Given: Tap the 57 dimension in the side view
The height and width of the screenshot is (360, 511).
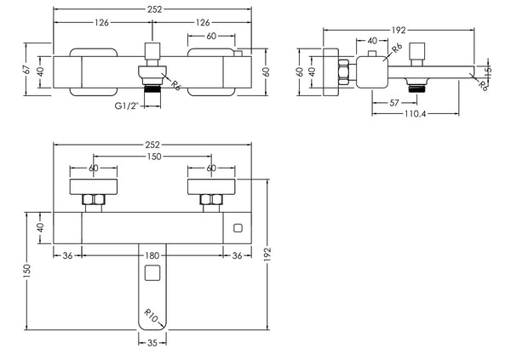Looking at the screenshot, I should (394, 103).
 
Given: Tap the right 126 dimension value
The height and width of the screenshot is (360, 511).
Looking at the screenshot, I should (203, 21).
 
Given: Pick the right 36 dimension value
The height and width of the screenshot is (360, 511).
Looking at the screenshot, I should (238, 254).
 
